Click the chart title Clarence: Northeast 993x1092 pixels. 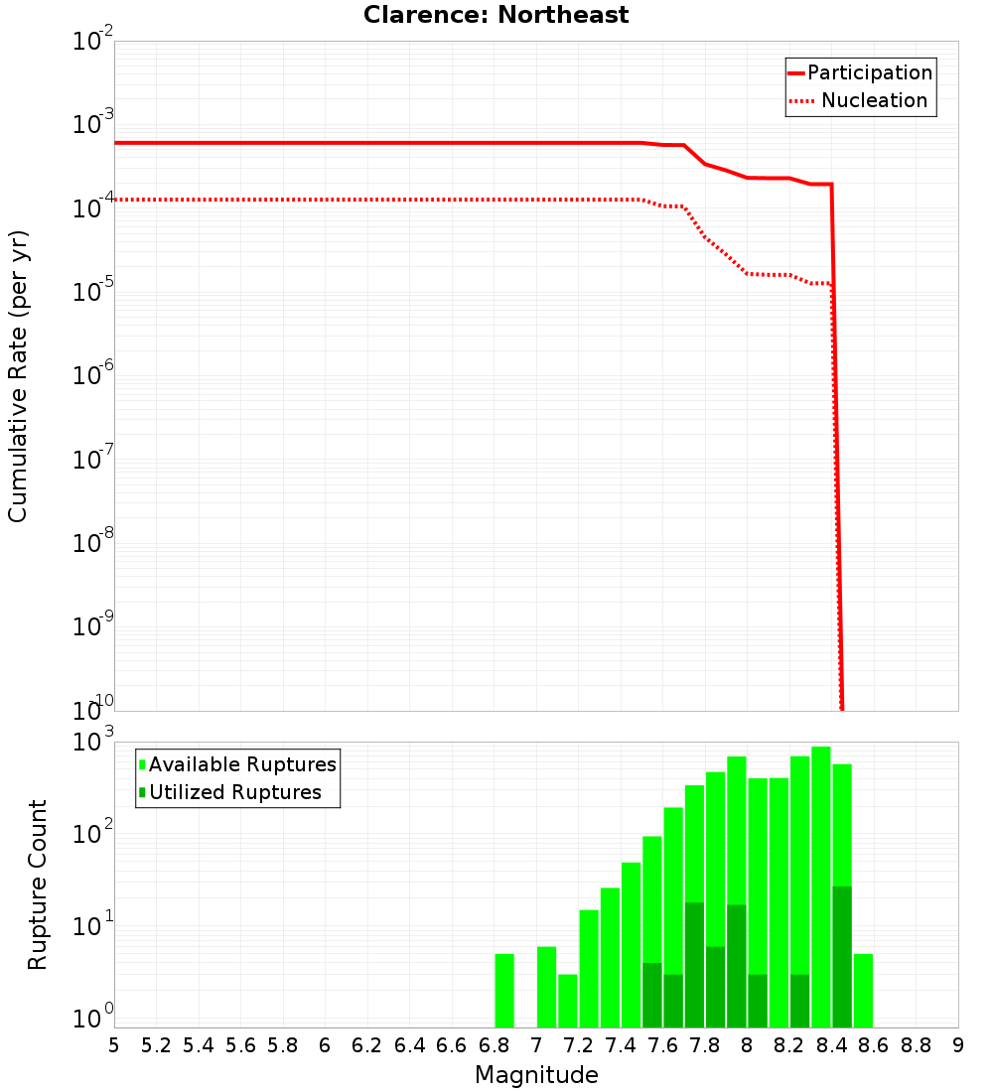(496, 15)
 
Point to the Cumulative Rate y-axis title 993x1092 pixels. (18, 376)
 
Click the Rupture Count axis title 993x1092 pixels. (38, 884)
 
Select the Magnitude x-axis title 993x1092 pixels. (536, 1074)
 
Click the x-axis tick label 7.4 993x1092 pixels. (622, 1044)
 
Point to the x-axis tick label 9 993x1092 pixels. (957, 1044)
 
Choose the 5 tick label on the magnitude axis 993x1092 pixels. (114, 1044)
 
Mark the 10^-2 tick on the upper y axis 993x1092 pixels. (94, 42)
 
